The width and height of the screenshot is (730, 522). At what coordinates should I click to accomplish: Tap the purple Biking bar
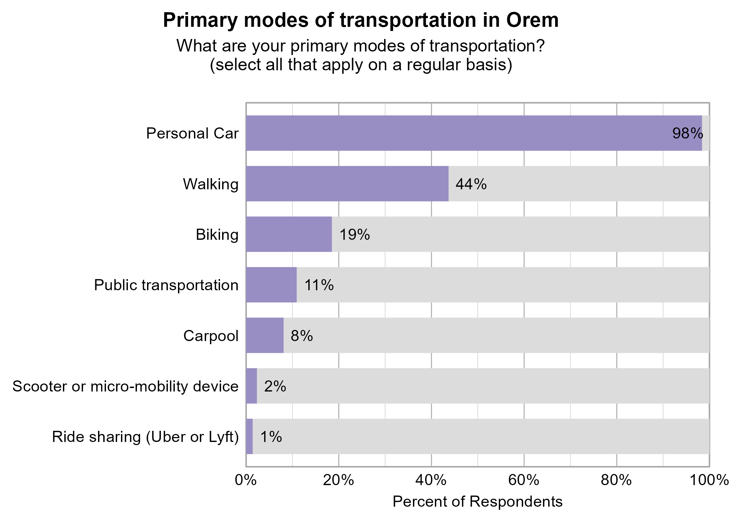[x=289, y=234]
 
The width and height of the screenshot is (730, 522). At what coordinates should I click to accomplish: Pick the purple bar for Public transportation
[x=271, y=285]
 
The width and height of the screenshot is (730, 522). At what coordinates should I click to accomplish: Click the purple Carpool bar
[x=265, y=335]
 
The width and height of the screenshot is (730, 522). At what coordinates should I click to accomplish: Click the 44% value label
[x=471, y=184]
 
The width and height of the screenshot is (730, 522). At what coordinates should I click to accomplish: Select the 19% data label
[x=354, y=235]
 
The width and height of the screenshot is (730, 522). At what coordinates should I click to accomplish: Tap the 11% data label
[x=319, y=285]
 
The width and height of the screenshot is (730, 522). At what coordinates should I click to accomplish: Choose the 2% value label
[x=275, y=386]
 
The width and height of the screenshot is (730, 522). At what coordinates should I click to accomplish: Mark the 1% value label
[x=271, y=437]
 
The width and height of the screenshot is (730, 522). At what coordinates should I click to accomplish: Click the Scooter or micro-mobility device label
[x=125, y=386]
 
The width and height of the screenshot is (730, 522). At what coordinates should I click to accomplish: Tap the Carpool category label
[x=211, y=336]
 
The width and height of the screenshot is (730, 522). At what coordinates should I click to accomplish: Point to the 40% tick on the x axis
[x=431, y=480]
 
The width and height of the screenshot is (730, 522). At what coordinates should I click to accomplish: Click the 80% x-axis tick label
[x=616, y=480]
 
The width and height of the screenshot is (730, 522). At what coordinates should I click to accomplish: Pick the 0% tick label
[x=246, y=480]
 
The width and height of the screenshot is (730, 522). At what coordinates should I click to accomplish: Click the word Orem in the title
[x=532, y=20]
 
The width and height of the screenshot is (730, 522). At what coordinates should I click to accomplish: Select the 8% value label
[x=301, y=336]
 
